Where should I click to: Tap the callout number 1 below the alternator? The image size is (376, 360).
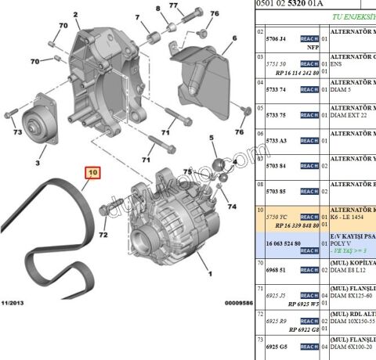(x=208, y=274)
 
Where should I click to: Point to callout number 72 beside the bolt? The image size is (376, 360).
(x=103, y=235)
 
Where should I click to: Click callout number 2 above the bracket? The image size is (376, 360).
(x=76, y=15)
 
